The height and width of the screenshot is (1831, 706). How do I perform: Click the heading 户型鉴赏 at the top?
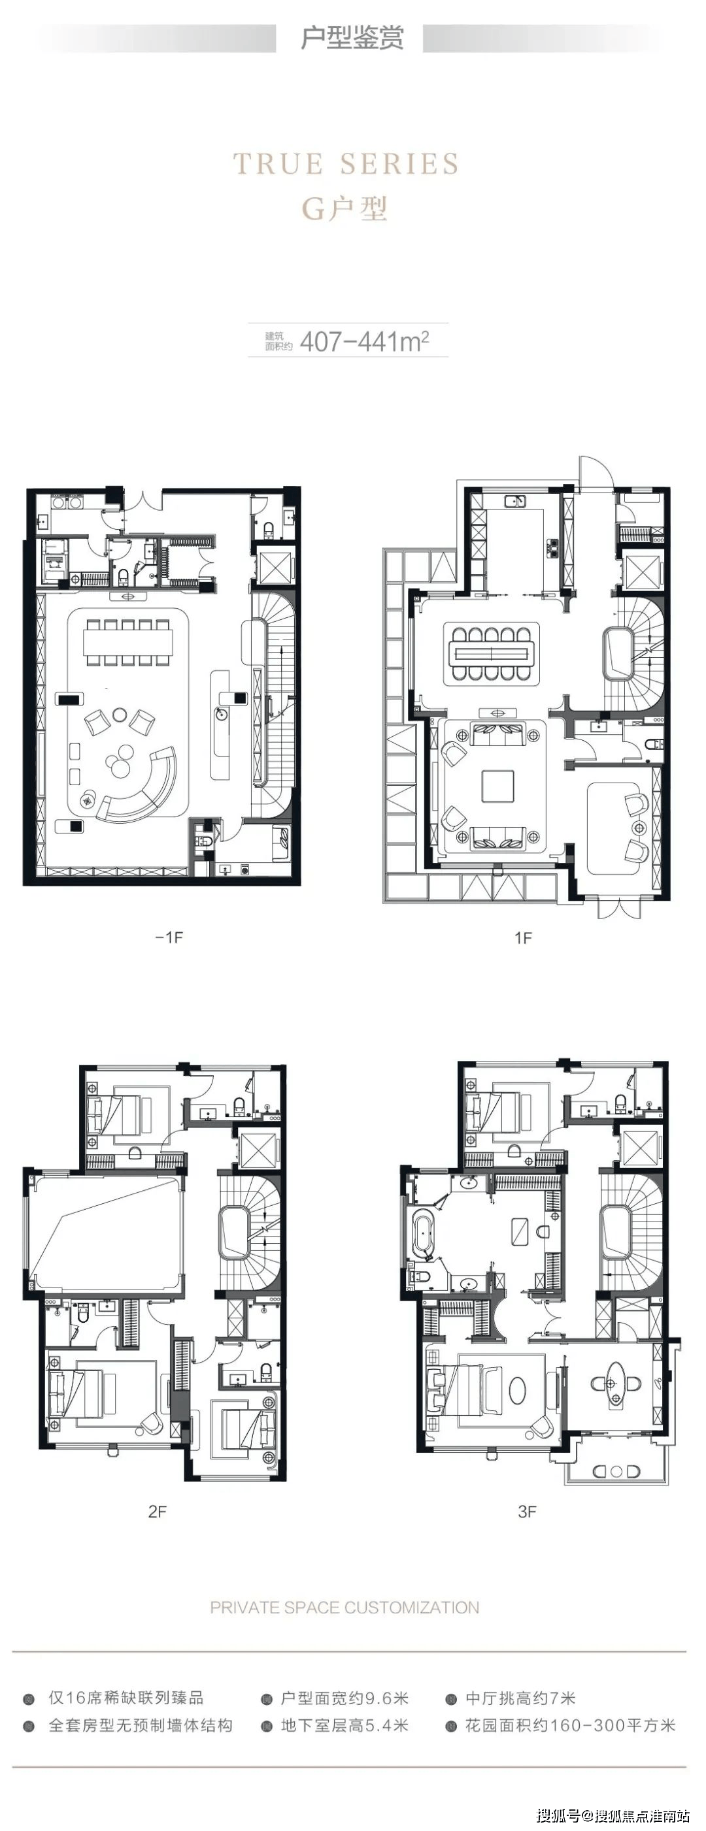tap(352, 38)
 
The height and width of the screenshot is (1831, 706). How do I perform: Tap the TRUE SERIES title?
tap(346, 164)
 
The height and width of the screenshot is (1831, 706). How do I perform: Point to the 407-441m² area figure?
tap(365, 341)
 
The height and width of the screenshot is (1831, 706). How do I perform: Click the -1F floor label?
tap(169, 937)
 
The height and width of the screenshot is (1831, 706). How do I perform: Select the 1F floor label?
tap(523, 938)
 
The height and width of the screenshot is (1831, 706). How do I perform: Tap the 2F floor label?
tap(157, 1512)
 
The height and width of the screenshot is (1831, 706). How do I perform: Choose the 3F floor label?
tap(527, 1512)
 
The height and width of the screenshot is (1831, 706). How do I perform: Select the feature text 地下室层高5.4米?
tap(345, 1726)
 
